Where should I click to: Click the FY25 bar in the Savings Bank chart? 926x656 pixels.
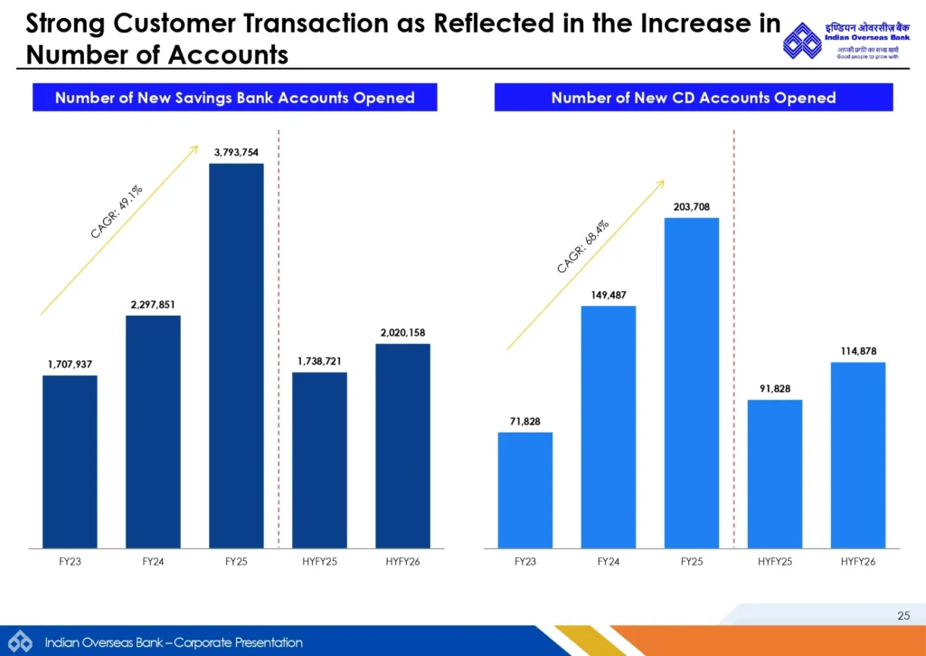(x=236, y=356)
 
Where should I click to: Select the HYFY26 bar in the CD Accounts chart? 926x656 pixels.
(x=858, y=455)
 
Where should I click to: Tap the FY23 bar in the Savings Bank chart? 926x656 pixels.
(x=70, y=461)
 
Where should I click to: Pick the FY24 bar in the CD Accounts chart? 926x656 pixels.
(x=609, y=427)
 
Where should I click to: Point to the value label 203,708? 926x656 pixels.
(x=692, y=207)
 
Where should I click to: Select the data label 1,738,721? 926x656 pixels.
(x=319, y=361)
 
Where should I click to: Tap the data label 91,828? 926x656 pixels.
(x=774, y=388)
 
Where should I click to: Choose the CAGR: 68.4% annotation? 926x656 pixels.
(x=583, y=245)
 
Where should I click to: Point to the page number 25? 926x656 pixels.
(x=903, y=616)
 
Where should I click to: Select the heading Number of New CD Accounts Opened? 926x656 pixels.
(x=694, y=98)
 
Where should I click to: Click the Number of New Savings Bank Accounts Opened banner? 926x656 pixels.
(x=235, y=98)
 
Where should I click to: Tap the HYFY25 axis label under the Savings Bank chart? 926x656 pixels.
(x=319, y=562)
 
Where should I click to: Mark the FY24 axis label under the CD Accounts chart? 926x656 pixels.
(x=609, y=562)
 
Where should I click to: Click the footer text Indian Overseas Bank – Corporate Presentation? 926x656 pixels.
(x=174, y=642)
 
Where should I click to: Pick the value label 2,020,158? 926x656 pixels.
(x=402, y=333)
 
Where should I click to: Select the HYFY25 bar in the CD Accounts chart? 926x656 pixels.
(x=775, y=474)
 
